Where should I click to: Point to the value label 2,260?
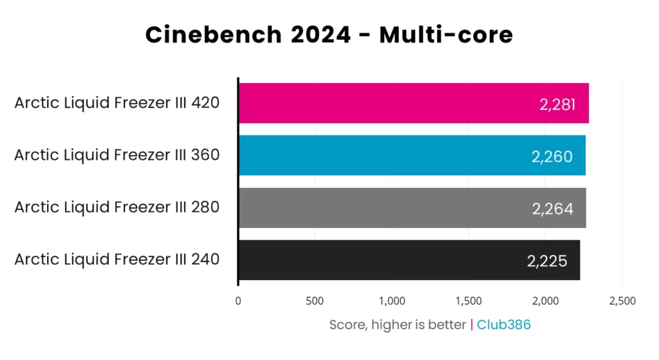pyautogui.click(x=552, y=156)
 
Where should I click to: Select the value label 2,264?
pyautogui.click(x=553, y=209)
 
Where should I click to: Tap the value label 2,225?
pyautogui.click(x=547, y=261)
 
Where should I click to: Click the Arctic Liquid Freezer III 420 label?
pyautogui.click(x=117, y=102)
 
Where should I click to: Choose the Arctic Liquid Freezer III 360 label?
pyautogui.click(x=117, y=155)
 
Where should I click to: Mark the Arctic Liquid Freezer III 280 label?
pyautogui.click(x=117, y=207)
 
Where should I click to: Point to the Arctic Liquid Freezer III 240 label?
pyautogui.click(x=117, y=259)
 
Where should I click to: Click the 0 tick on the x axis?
pyautogui.click(x=238, y=301)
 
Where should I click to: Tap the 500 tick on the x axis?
pyautogui.click(x=315, y=301)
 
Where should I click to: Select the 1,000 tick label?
pyautogui.click(x=391, y=301)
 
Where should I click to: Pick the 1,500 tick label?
pyautogui.click(x=468, y=301)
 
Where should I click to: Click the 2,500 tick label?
pyautogui.click(x=622, y=301)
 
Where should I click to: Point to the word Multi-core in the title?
pyautogui.click(x=445, y=34)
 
